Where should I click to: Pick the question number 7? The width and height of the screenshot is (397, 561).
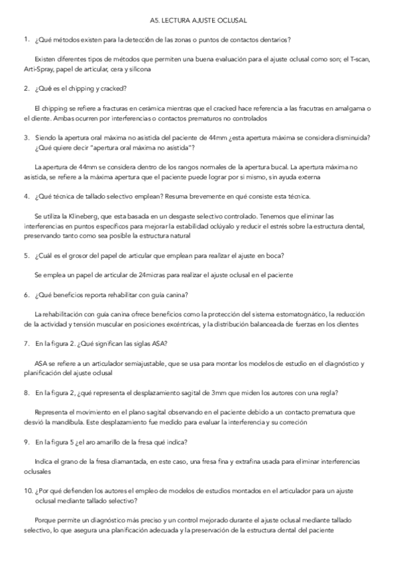25,344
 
